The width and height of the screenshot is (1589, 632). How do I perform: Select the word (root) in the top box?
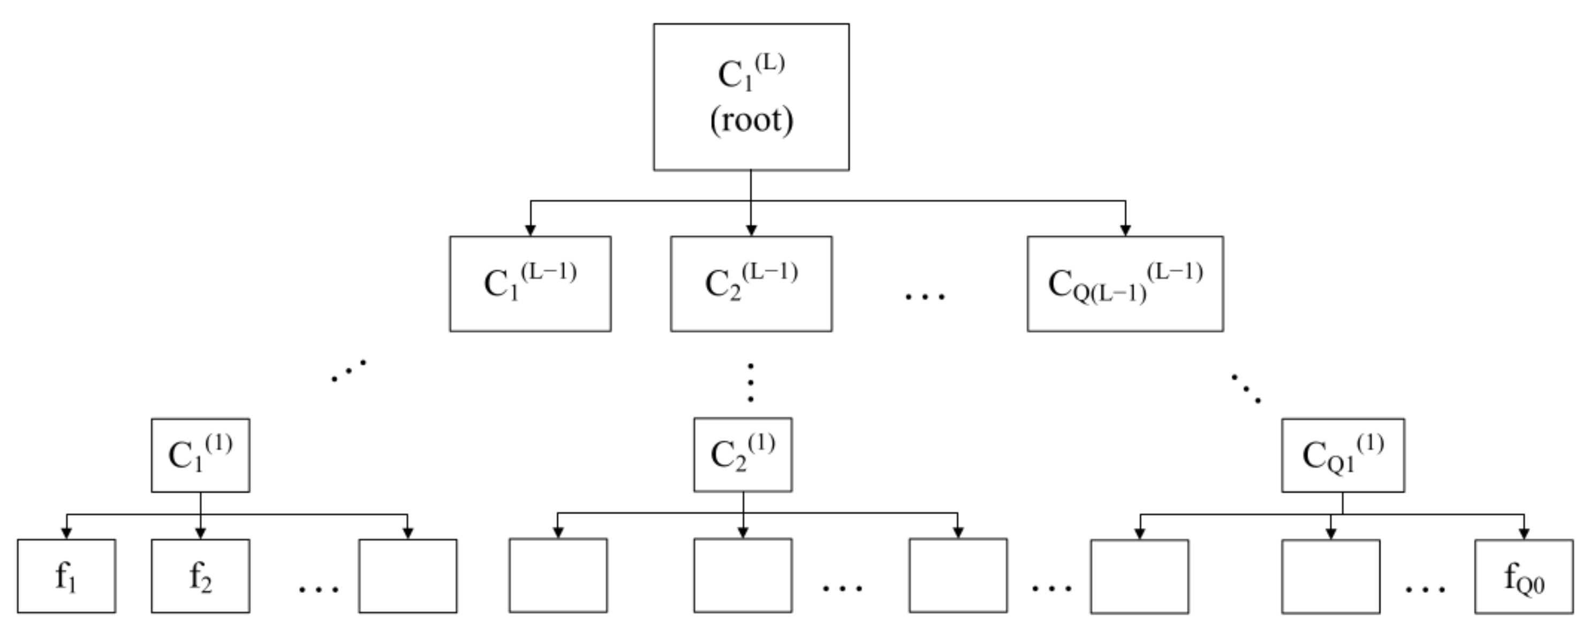[751, 120]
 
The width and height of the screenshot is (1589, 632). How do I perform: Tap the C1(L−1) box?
[530, 284]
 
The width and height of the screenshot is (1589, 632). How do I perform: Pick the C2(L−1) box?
[751, 284]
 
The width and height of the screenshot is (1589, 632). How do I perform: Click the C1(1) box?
[200, 455]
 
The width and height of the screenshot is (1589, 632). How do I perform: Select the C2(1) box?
[743, 454]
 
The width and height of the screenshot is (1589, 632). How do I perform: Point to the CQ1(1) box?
[1342, 455]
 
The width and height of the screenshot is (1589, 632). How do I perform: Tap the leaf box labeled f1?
[66, 576]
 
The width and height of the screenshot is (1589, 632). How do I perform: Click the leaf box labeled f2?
[200, 576]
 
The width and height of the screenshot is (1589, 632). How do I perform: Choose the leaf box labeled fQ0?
[1524, 576]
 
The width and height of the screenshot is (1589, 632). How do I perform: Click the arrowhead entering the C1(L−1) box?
[530, 230]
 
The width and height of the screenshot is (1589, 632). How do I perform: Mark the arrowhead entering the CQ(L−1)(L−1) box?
[1125, 230]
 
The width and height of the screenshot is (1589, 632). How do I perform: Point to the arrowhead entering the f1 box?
[66, 534]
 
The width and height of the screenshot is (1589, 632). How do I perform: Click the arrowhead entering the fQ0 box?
[1524, 534]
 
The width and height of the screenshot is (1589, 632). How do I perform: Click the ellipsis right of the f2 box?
[319, 589]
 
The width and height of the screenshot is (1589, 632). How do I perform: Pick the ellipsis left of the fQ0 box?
[1425, 589]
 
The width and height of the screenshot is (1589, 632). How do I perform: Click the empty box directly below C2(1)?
[743, 575]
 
